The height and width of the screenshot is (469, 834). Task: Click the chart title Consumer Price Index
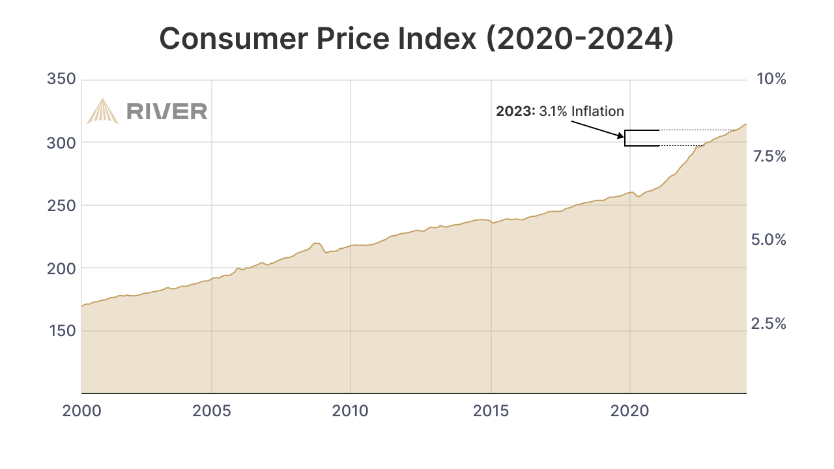(x=416, y=38)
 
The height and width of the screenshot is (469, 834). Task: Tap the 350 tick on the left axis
(x=62, y=79)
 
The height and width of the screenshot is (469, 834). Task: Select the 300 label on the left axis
(x=62, y=143)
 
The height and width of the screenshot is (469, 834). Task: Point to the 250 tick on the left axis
(x=62, y=205)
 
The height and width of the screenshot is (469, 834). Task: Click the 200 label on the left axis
(x=62, y=268)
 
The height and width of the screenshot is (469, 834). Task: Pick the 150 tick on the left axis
(x=62, y=331)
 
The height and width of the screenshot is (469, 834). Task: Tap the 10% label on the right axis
(x=771, y=79)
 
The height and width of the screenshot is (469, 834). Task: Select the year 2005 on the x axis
(x=211, y=412)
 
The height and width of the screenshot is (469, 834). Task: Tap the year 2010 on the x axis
(x=351, y=412)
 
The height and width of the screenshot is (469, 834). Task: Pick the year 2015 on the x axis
(x=491, y=412)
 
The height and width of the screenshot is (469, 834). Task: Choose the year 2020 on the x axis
(x=630, y=412)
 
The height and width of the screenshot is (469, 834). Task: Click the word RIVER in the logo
(x=167, y=111)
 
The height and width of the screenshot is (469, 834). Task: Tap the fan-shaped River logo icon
(x=102, y=111)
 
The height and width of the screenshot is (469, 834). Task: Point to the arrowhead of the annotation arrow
(x=622, y=137)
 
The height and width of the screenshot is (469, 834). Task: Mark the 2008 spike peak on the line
(x=315, y=243)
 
